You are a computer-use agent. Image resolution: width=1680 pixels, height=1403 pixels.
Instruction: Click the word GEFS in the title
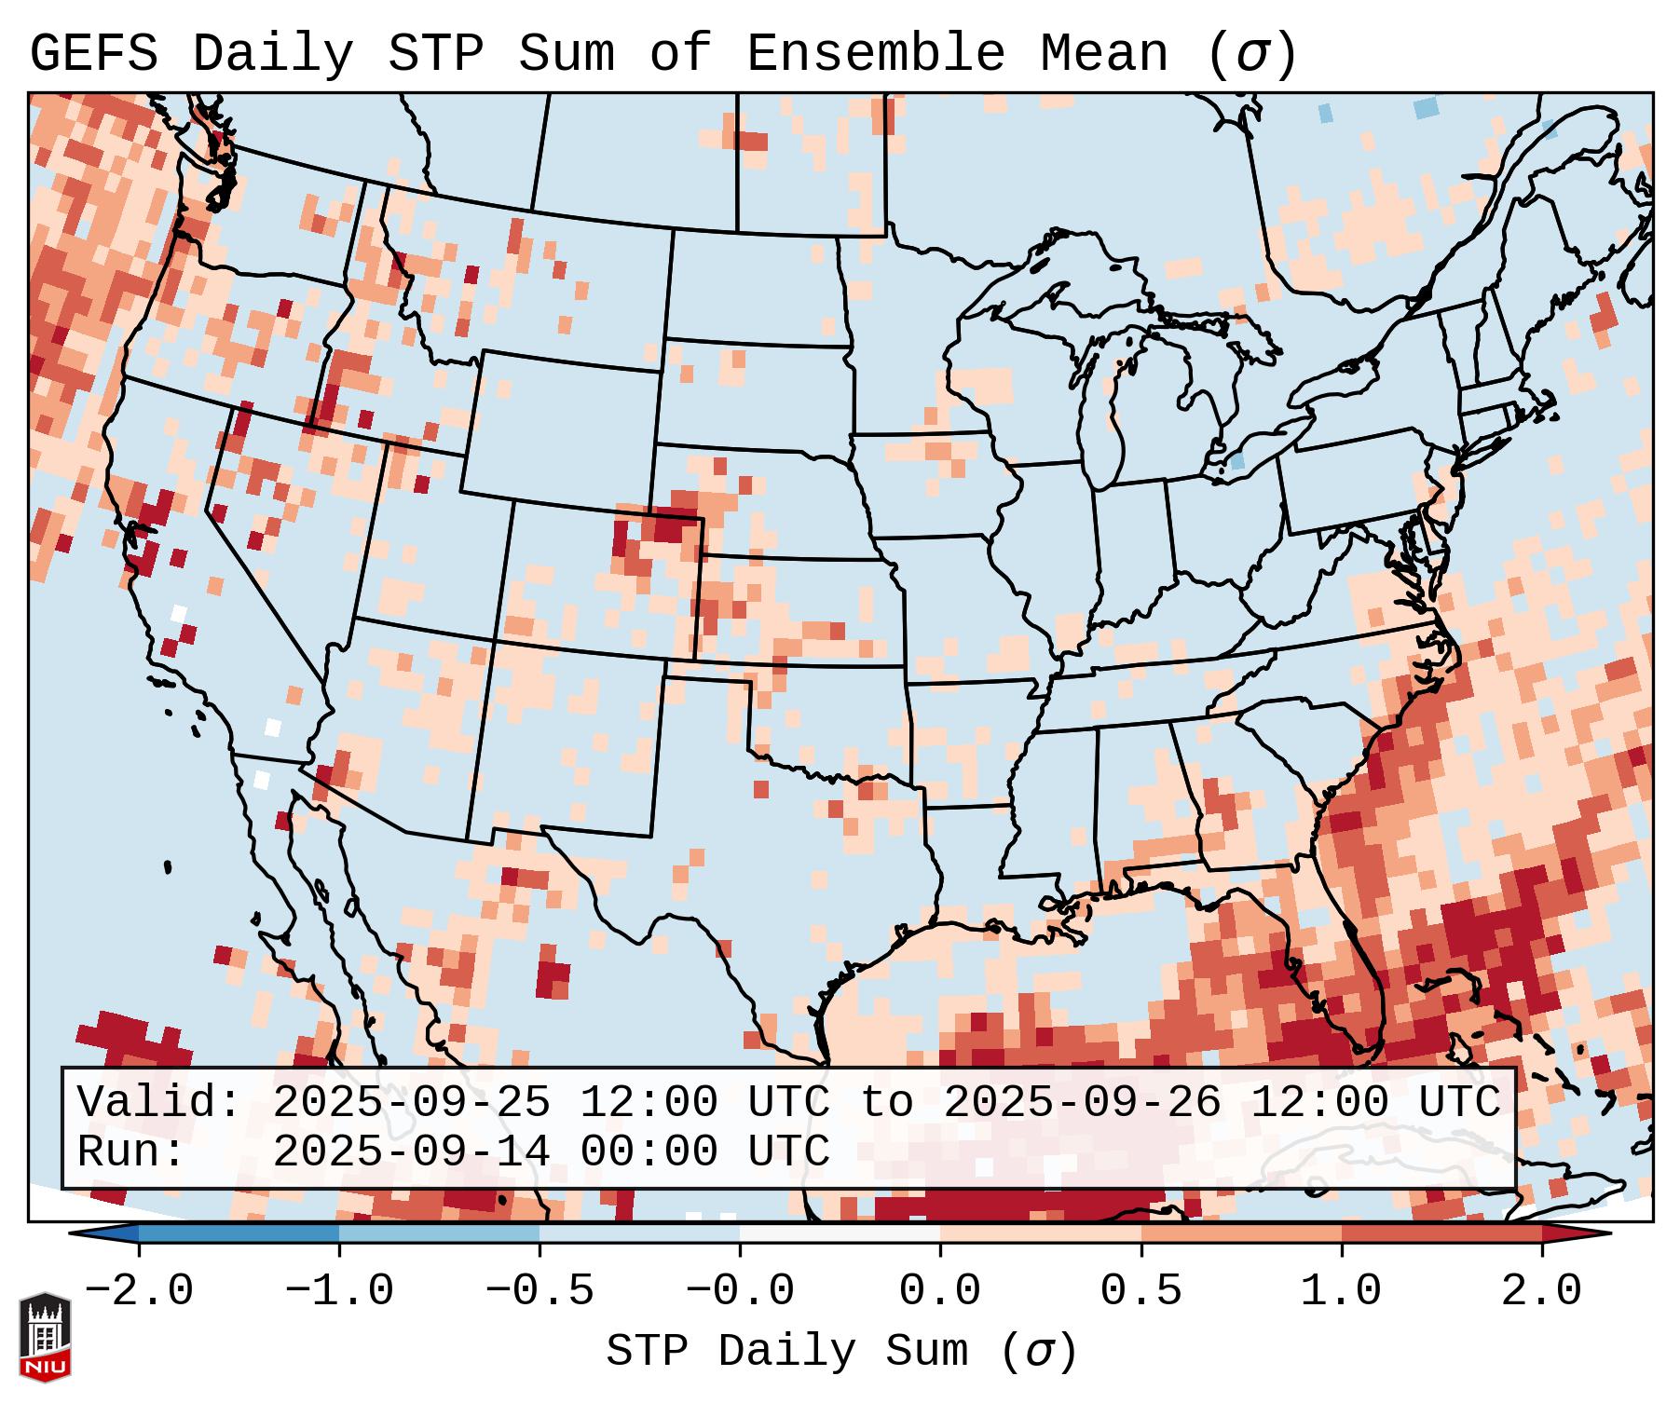(x=93, y=54)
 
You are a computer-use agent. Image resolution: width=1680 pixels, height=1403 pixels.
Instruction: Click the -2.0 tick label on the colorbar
(x=139, y=1291)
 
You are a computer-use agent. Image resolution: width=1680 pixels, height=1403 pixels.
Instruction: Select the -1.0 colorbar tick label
(x=339, y=1291)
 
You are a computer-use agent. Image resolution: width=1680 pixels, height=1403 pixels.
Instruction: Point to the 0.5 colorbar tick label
(x=1140, y=1291)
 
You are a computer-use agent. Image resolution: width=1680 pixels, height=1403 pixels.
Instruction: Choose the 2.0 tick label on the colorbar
(x=1541, y=1291)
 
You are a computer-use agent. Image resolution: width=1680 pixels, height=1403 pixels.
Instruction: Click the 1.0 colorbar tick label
(x=1341, y=1291)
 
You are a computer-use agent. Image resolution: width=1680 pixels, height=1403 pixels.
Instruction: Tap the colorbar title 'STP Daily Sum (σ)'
(x=841, y=1352)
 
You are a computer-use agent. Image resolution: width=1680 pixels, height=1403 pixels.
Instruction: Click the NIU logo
(x=45, y=1337)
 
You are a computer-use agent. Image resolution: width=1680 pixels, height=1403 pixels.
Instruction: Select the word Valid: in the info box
(x=159, y=1102)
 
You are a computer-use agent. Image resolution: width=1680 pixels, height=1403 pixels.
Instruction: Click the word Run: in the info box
(x=131, y=1151)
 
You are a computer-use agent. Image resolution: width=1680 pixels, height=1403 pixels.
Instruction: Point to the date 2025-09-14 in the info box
(x=411, y=1151)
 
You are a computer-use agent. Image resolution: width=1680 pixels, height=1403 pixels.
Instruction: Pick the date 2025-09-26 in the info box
(x=1082, y=1102)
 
